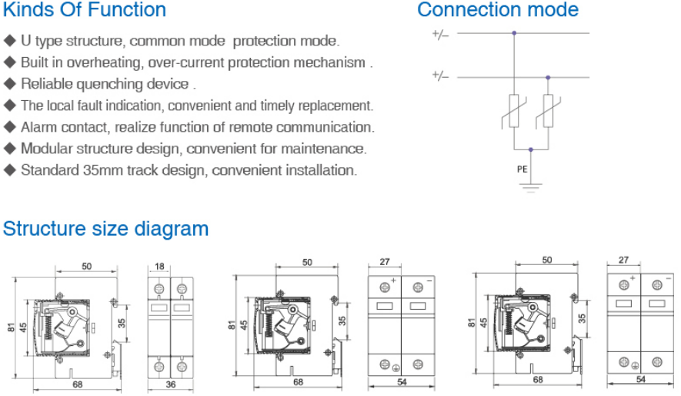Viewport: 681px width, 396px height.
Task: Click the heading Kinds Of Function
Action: click(x=85, y=10)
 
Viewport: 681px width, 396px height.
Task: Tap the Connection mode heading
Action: click(x=497, y=10)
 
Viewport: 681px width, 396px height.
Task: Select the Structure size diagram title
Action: click(x=105, y=229)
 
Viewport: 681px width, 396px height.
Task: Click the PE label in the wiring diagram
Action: click(x=522, y=169)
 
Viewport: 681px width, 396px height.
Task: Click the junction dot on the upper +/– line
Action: click(x=514, y=33)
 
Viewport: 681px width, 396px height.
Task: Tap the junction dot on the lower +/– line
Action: click(x=548, y=77)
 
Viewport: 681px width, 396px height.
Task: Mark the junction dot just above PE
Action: click(x=531, y=149)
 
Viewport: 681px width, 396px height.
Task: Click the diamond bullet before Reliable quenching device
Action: click(x=9, y=84)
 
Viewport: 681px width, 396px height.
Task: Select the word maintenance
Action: click(x=328, y=149)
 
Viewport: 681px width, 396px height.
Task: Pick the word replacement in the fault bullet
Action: click(x=335, y=106)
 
